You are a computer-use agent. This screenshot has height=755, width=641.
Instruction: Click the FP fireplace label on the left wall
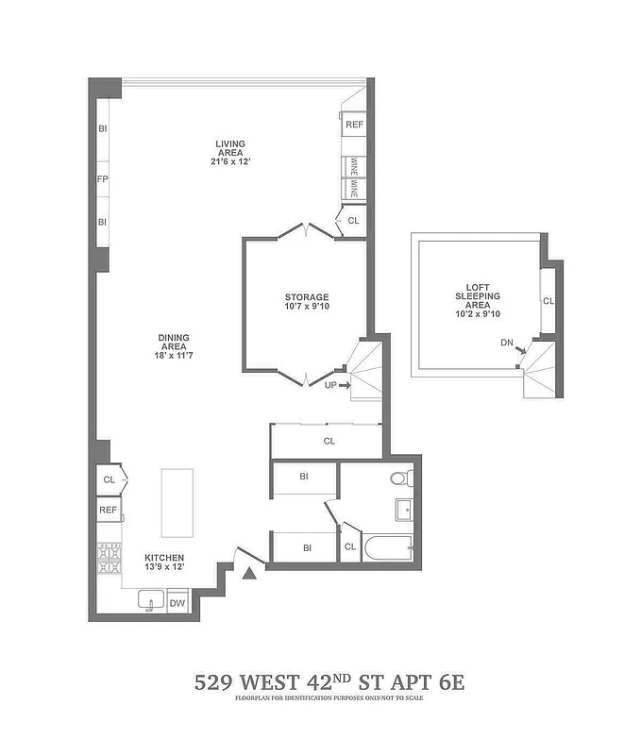pos(102,178)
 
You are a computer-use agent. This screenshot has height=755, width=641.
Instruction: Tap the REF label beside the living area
pos(354,125)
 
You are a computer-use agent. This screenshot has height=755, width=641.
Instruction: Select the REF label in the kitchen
pos(109,510)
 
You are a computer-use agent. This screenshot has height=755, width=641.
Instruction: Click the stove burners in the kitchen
pos(109,559)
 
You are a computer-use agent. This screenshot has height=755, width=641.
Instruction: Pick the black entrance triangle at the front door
pos(249,573)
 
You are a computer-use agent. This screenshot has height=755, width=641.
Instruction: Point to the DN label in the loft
pos(508,343)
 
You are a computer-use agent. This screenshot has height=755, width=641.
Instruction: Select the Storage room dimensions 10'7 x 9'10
pos(308,307)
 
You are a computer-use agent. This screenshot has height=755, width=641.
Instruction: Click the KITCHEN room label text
pos(164,558)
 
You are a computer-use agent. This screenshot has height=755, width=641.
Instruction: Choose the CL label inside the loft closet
pos(548,301)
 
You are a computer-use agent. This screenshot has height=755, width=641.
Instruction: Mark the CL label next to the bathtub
pos(349,546)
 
